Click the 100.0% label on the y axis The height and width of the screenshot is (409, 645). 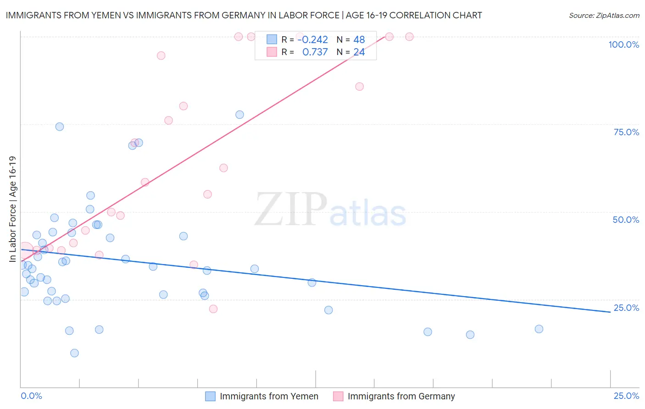click(623, 44)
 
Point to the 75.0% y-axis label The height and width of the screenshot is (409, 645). click(626, 132)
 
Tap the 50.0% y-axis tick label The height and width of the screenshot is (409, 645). click(626, 220)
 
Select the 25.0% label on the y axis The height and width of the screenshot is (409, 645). click(626, 308)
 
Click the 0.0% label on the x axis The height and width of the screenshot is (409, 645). click(32, 396)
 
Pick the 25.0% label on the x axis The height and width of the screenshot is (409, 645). click(626, 396)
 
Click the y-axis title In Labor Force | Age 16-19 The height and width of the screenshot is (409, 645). click(12, 209)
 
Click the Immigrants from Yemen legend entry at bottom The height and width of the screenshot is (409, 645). click(269, 396)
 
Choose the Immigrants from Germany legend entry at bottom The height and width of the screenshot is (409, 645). click(401, 396)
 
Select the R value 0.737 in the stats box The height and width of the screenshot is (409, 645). click(315, 52)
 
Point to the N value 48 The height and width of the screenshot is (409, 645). click(359, 40)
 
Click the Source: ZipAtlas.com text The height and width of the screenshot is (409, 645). click(604, 16)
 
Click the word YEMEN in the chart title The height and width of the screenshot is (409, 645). click(92, 16)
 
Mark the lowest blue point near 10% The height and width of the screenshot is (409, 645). click(74, 353)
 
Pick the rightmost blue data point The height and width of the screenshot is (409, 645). click(539, 329)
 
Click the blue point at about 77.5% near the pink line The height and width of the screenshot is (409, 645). click(239, 115)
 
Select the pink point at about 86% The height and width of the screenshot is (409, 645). click(359, 87)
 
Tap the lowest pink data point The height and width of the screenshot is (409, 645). click(213, 309)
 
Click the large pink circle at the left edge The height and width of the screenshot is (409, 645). click(25, 250)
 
